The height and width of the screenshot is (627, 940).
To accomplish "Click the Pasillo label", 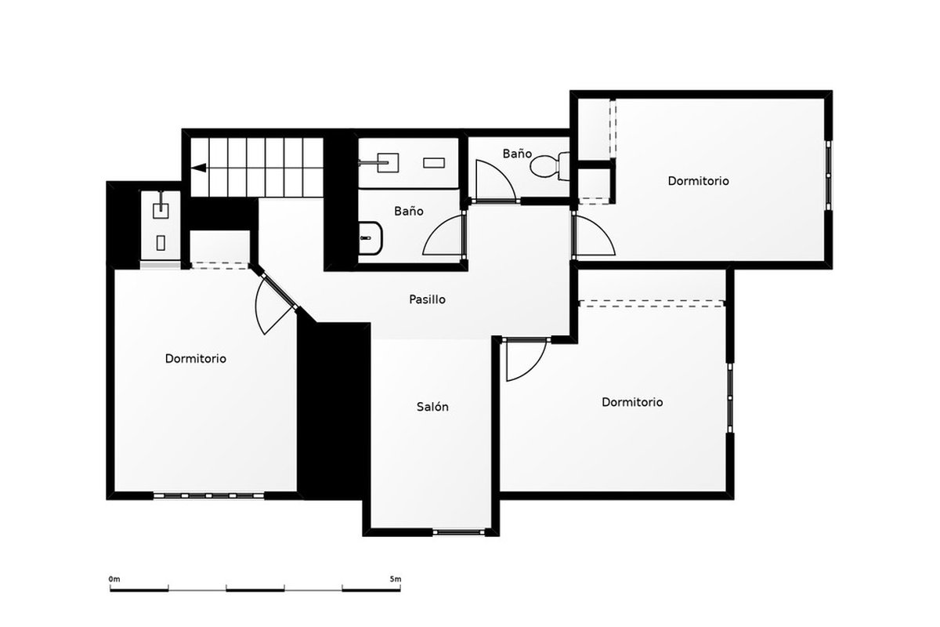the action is pyautogui.click(x=427, y=299).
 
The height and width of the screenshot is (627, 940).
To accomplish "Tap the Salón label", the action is pyautogui.click(x=432, y=407).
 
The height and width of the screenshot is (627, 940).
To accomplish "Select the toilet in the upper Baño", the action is pyautogui.click(x=550, y=166).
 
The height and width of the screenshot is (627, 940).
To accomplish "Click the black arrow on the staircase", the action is pyautogui.click(x=199, y=168).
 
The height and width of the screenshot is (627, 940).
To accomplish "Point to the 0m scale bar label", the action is pyautogui.click(x=114, y=579).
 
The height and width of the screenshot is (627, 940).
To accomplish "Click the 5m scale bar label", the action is pyautogui.click(x=396, y=579).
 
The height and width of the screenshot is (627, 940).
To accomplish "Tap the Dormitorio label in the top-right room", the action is pyautogui.click(x=698, y=181).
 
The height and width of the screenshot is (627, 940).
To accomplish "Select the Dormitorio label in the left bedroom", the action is pyautogui.click(x=196, y=359).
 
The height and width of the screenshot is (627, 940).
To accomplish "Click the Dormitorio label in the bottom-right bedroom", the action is pyautogui.click(x=632, y=402).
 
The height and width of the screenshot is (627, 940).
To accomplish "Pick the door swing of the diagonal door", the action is pyautogui.click(x=257, y=306).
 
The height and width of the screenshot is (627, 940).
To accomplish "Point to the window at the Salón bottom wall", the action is pyautogui.click(x=459, y=531).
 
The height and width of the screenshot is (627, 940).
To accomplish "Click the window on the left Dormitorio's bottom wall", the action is pyautogui.click(x=208, y=496).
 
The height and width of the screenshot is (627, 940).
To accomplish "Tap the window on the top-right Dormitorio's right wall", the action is pyautogui.click(x=829, y=175).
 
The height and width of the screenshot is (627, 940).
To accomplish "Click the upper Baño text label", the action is pyautogui.click(x=517, y=154).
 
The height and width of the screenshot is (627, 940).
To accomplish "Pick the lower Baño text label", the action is pyautogui.click(x=408, y=211).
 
